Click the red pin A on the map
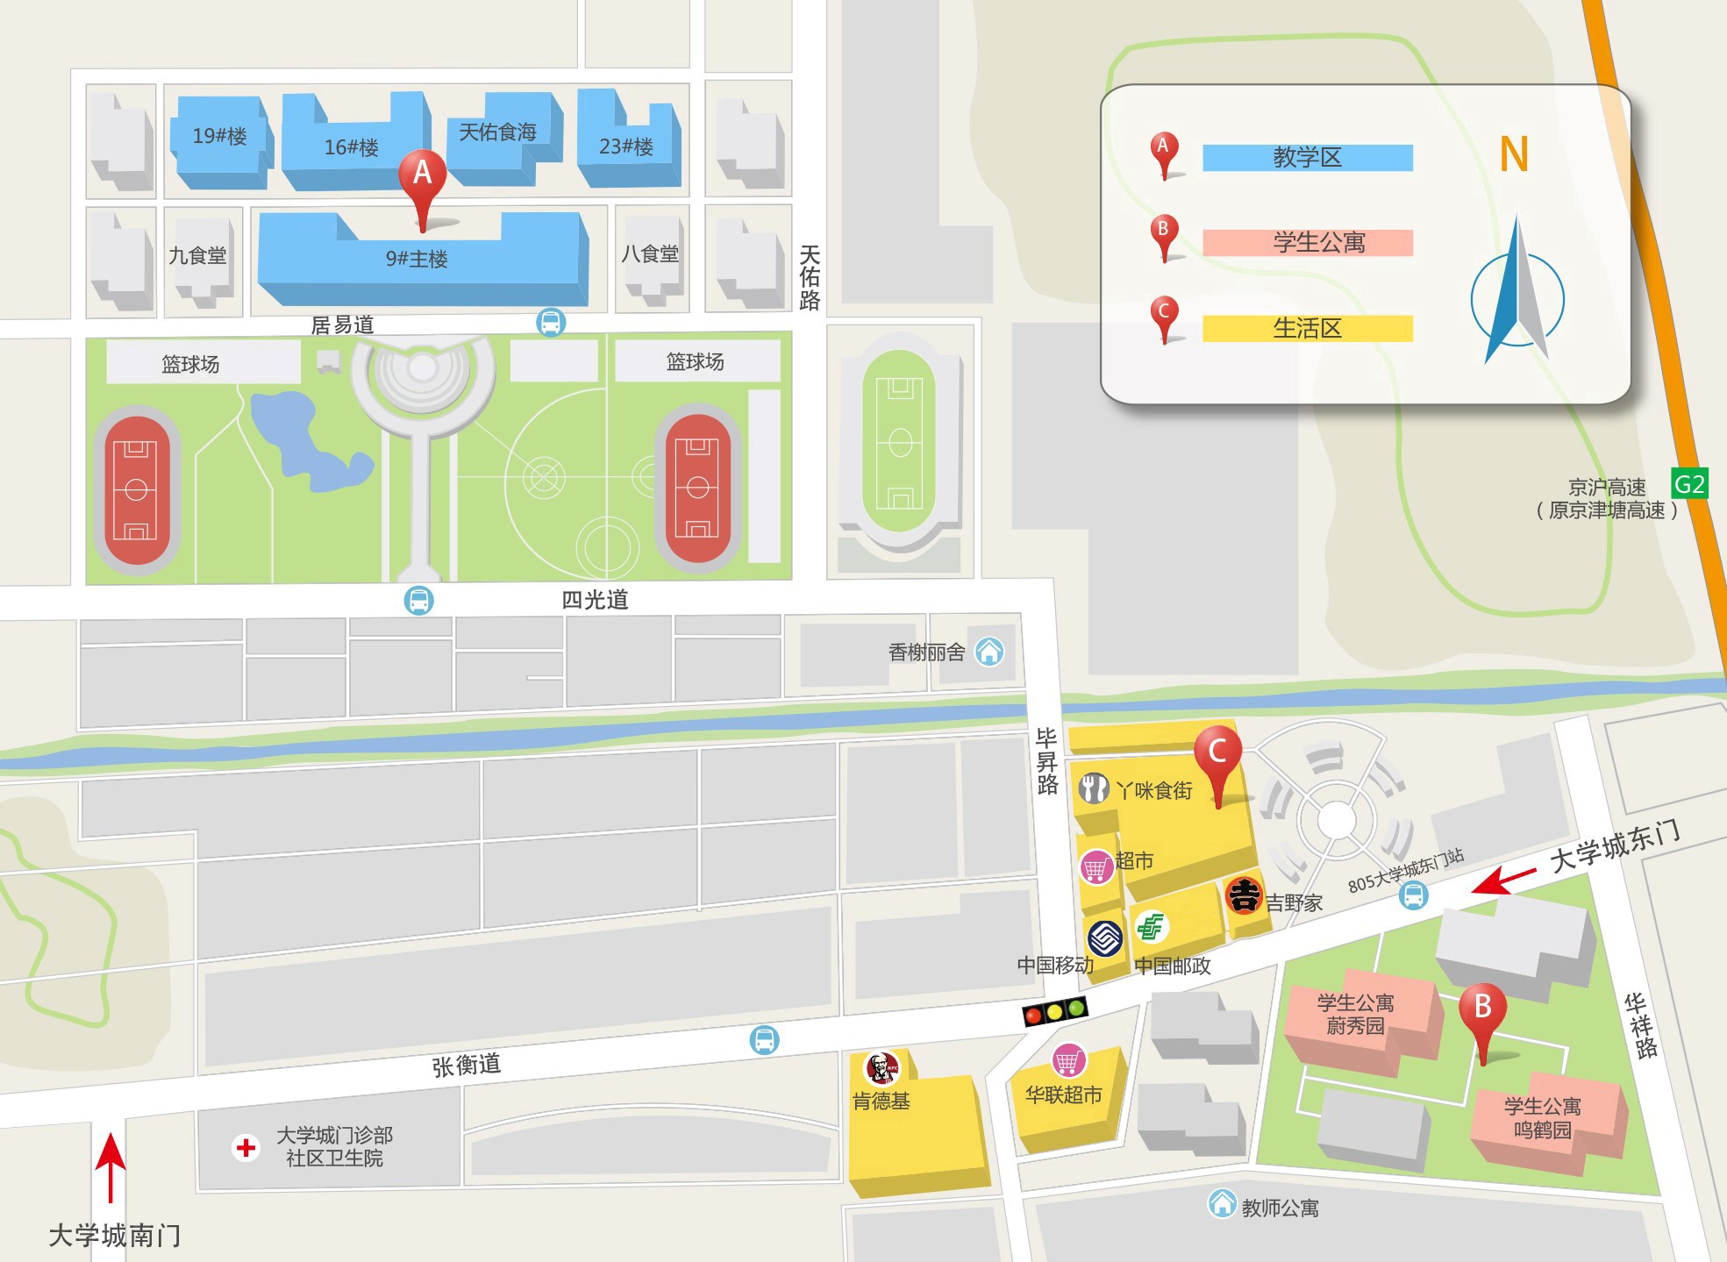(x=423, y=175)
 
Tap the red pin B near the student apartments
(x=1482, y=1009)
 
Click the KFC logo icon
(x=882, y=1068)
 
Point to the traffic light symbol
(x=1055, y=1011)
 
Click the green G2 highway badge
(x=1689, y=484)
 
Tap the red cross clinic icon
(x=246, y=1147)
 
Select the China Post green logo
(x=1151, y=926)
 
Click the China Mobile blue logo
(x=1105, y=938)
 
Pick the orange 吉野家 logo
(x=1243, y=895)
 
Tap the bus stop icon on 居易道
(x=551, y=322)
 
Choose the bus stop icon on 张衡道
(x=764, y=1040)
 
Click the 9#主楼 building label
(x=417, y=260)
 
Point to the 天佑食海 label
(x=497, y=132)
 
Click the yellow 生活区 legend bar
(x=1307, y=328)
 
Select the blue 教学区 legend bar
(x=1307, y=158)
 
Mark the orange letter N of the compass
(x=1514, y=154)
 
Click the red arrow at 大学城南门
(x=111, y=1166)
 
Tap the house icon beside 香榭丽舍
(x=989, y=652)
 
